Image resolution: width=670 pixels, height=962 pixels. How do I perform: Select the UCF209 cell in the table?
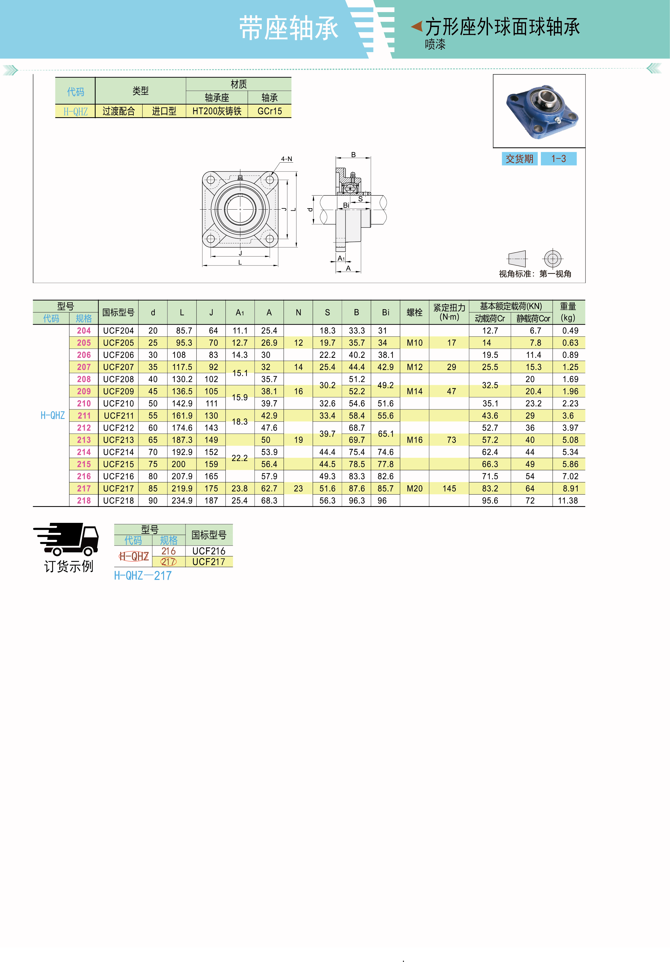[118, 391]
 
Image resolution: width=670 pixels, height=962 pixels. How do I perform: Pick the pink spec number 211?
[84, 416]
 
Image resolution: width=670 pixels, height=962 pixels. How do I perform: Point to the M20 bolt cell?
[415, 489]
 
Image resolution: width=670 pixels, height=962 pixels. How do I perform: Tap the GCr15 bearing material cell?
[270, 111]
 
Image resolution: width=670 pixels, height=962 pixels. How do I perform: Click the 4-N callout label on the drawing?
[287, 159]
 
